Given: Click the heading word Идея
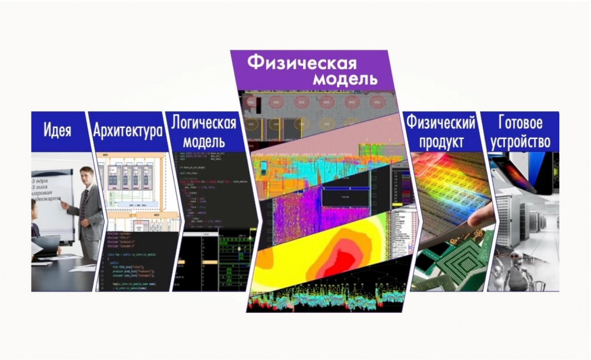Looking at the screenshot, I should pyautogui.click(x=57, y=130).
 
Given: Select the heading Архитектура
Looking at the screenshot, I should pyautogui.click(x=128, y=131).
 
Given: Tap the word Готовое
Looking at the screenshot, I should pyautogui.click(x=520, y=123).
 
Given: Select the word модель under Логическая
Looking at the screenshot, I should pyautogui.click(x=204, y=141).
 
